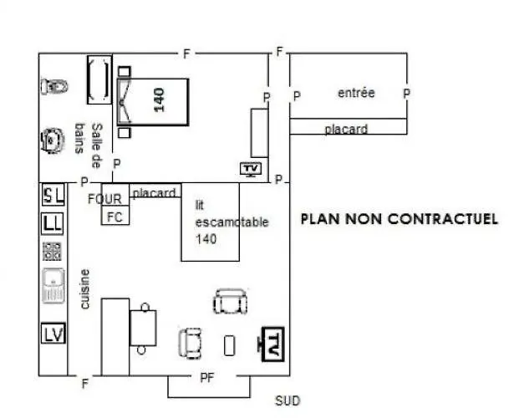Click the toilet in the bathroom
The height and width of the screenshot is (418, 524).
54,86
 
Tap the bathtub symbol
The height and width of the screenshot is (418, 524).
99,80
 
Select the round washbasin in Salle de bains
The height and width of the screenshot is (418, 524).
53,140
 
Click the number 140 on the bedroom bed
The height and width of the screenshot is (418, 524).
160,99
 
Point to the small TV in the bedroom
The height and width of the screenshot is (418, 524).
251,169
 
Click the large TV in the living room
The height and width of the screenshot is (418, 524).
272,344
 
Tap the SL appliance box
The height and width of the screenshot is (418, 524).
53,196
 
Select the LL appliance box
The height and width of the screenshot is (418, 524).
53,224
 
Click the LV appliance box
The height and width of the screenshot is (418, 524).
53,334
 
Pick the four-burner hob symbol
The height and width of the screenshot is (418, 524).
52,252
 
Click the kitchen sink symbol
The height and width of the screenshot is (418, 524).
53,286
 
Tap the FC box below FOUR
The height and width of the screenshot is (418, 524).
115,216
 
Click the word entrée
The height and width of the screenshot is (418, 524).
356,93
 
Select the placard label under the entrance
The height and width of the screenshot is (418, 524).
346,129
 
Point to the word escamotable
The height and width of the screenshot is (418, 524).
232,222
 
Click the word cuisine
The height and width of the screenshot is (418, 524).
85,289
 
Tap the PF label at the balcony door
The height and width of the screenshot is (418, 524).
207,378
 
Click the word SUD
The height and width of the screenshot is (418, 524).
287,400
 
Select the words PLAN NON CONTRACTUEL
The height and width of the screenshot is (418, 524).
399,219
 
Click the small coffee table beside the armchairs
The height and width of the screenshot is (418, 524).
229,345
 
